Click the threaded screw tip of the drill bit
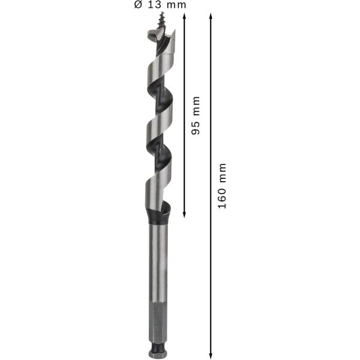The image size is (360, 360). tap(162, 20)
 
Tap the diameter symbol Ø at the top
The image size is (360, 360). tap(138, 5)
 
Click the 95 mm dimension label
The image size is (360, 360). tap(196, 115)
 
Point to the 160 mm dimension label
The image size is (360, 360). tap(222, 186)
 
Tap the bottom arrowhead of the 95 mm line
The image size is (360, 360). tap(184, 214)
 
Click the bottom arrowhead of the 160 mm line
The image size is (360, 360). tap(211, 355)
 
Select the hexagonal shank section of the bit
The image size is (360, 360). tap(159, 319)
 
